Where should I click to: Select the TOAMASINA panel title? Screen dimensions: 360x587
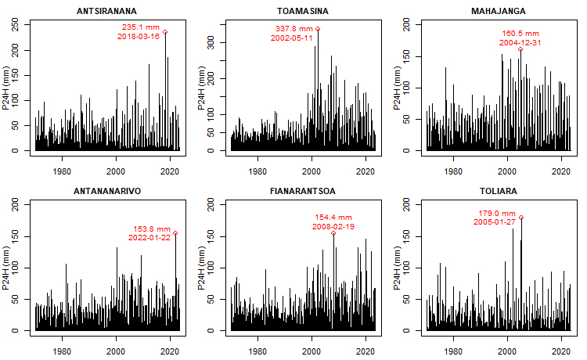point(302,10)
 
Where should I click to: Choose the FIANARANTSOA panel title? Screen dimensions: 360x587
point(302,190)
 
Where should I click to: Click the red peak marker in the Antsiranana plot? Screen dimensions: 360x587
point(165,32)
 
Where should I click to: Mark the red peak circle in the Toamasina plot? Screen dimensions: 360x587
point(318,29)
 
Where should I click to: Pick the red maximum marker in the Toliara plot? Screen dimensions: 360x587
point(521,218)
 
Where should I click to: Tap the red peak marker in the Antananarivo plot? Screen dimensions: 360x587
point(175,233)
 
